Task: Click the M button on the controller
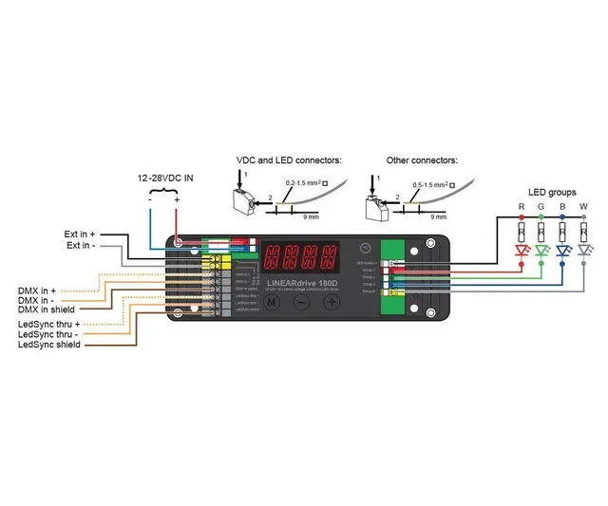[x=272, y=302]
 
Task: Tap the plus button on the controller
[x=332, y=302]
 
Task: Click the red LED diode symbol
[x=521, y=252]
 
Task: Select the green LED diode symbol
[x=541, y=252]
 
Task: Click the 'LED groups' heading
[x=552, y=193]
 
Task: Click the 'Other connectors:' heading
[x=422, y=160]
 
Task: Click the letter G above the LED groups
[x=541, y=207]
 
